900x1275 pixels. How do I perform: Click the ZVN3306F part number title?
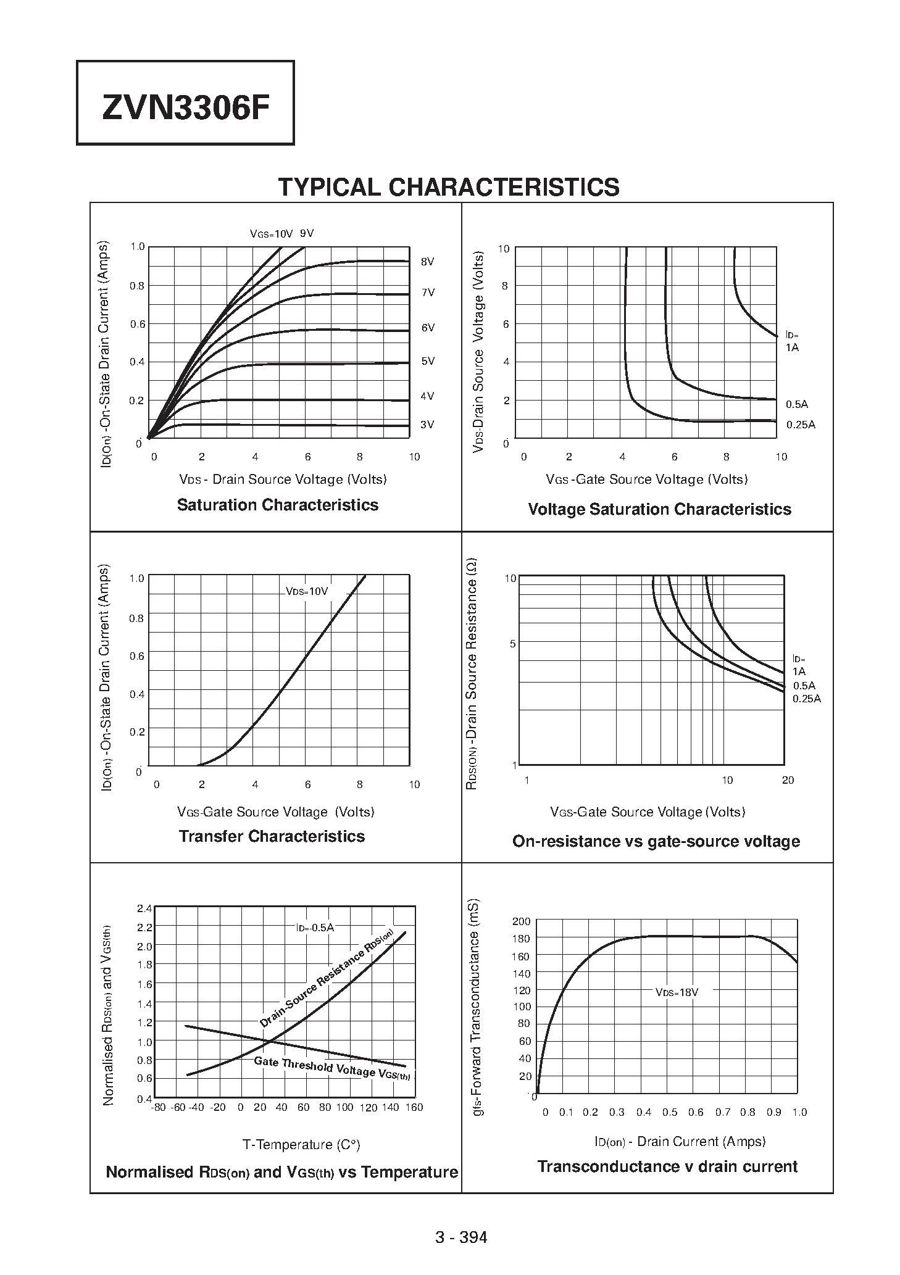pyautogui.click(x=186, y=109)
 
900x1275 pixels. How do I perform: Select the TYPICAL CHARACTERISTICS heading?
pyautogui.click(x=449, y=187)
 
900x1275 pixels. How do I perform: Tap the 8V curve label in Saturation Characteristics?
pyautogui.click(x=427, y=262)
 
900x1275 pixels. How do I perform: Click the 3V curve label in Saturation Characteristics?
pyautogui.click(x=427, y=425)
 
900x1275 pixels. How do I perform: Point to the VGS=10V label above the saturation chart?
pyautogui.click(x=271, y=234)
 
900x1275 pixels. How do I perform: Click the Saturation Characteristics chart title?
pyautogui.click(x=277, y=505)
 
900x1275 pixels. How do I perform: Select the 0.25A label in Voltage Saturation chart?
pyautogui.click(x=800, y=425)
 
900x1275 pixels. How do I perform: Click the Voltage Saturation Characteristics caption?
pyautogui.click(x=659, y=509)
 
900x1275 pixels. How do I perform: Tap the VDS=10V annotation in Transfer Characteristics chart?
pyautogui.click(x=307, y=591)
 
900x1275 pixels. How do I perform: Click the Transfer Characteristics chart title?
pyautogui.click(x=272, y=836)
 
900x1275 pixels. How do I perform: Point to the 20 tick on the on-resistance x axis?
pyautogui.click(x=788, y=780)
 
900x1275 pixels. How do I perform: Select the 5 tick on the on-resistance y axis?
pyautogui.click(x=512, y=644)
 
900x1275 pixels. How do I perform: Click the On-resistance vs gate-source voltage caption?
pyautogui.click(x=656, y=841)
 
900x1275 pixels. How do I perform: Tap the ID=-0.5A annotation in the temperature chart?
pyautogui.click(x=315, y=928)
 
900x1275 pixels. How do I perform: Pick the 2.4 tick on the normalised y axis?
pyautogui.click(x=144, y=908)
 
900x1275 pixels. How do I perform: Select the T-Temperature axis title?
pyautogui.click(x=301, y=1145)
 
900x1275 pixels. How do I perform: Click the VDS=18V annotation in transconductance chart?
pyautogui.click(x=677, y=992)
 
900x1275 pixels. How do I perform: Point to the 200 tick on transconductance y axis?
pyautogui.click(x=522, y=921)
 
